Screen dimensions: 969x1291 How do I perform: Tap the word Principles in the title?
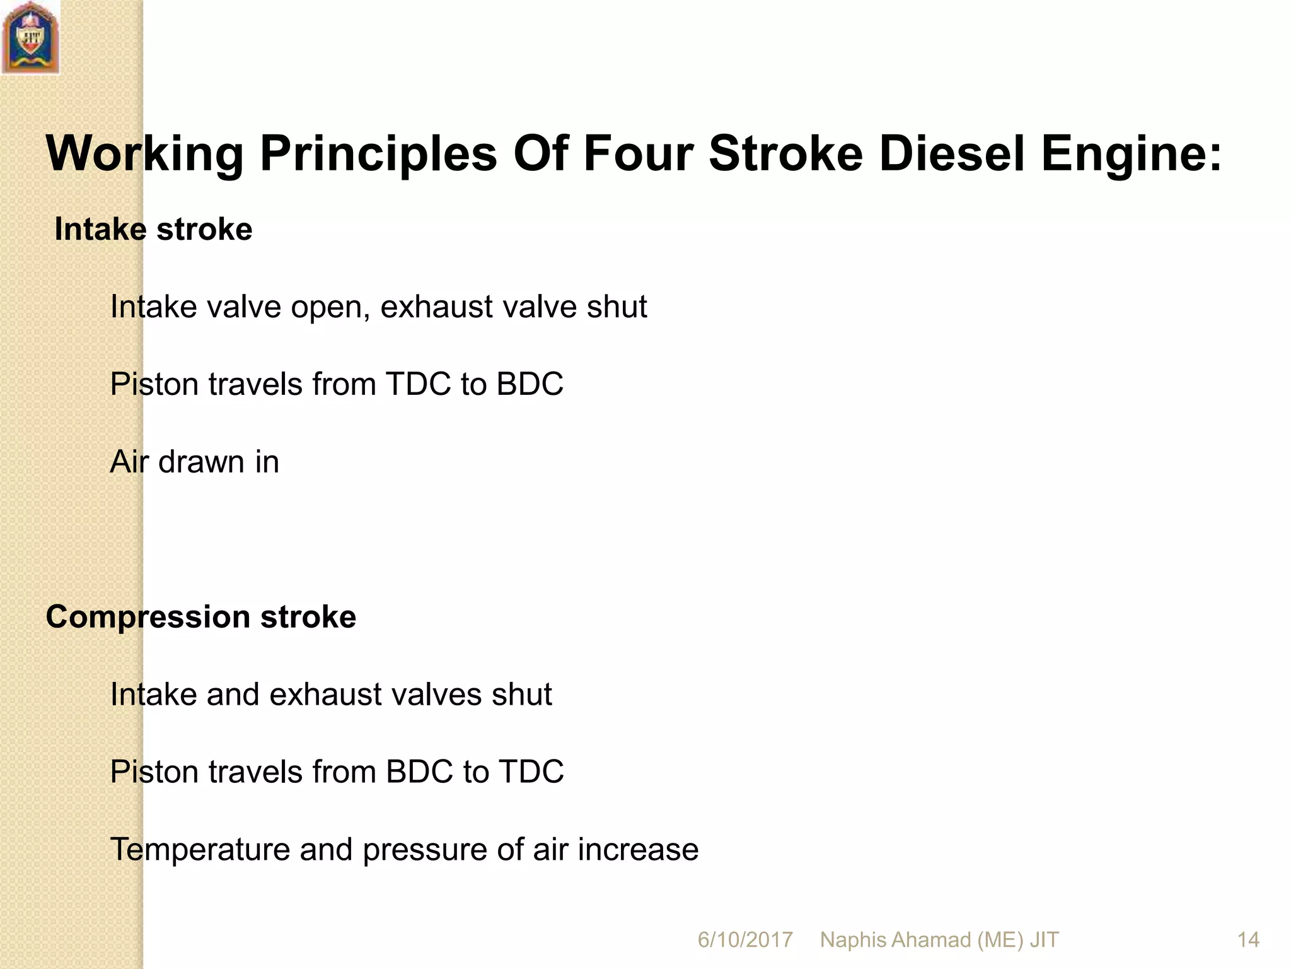pyautogui.click(x=378, y=155)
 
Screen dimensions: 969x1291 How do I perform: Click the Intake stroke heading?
pyautogui.click(x=153, y=229)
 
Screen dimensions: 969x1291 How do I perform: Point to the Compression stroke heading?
pyautogui.click(x=200, y=616)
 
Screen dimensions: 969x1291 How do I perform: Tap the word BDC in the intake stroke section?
pyautogui.click(x=530, y=384)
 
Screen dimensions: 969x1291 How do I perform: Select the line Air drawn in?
pyautogui.click(x=194, y=462)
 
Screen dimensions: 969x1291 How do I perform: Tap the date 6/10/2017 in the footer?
pyautogui.click(x=744, y=940)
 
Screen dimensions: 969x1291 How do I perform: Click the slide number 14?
pyautogui.click(x=1248, y=940)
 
